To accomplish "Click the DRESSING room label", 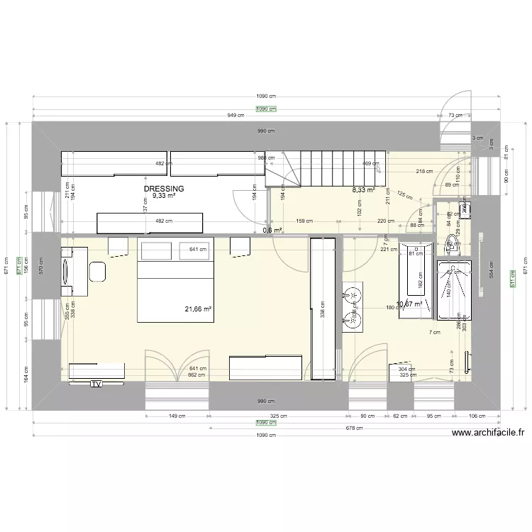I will click(x=164, y=189).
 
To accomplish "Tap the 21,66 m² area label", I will click(x=199, y=309).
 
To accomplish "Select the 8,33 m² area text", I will click(x=364, y=190).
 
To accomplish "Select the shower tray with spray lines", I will click(x=453, y=291).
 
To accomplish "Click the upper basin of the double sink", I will click(x=352, y=292).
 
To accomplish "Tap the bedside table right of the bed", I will click(x=240, y=245).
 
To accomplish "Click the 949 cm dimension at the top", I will click(x=236, y=115).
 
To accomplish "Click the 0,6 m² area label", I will click(x=272, y=230).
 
